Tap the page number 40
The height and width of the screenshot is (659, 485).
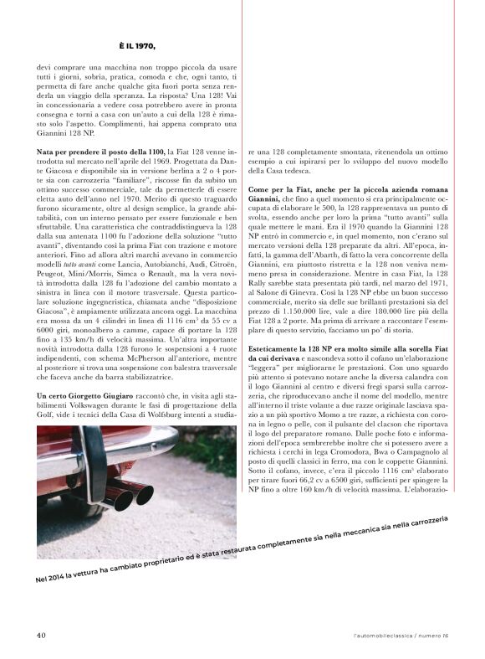[x=40, y=635]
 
